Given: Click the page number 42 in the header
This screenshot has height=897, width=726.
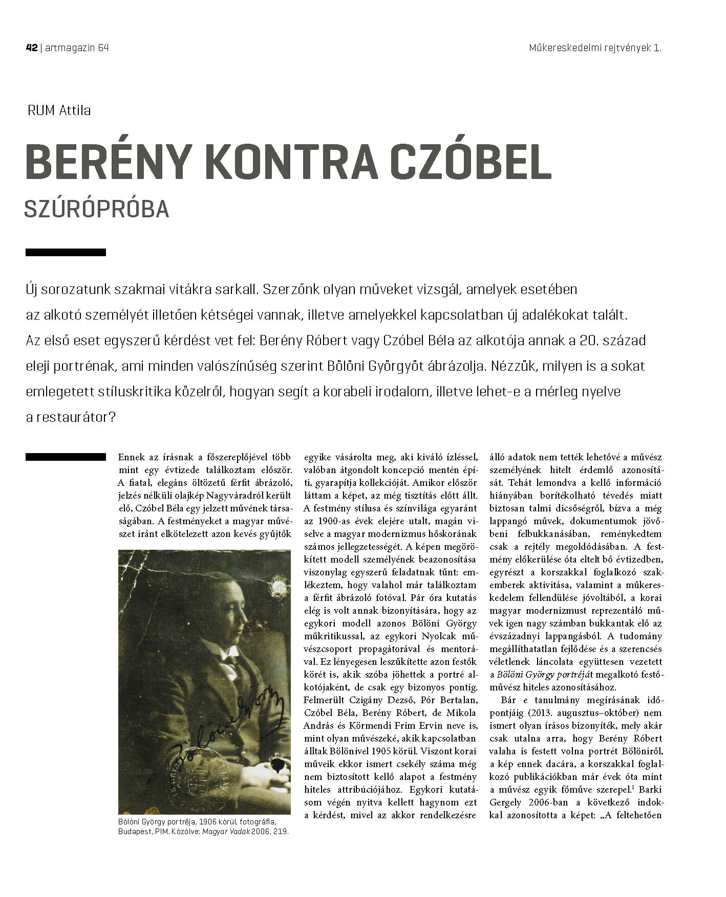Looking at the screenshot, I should pos(31,48).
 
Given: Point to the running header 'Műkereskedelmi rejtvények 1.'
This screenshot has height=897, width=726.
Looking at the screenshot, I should pos(595,48).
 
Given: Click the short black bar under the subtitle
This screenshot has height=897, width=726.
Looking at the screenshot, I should pos(66,252).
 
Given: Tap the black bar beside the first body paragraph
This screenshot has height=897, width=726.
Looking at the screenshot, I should pos(66,457).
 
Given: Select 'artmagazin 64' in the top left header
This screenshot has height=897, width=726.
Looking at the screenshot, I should pos(77,48).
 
